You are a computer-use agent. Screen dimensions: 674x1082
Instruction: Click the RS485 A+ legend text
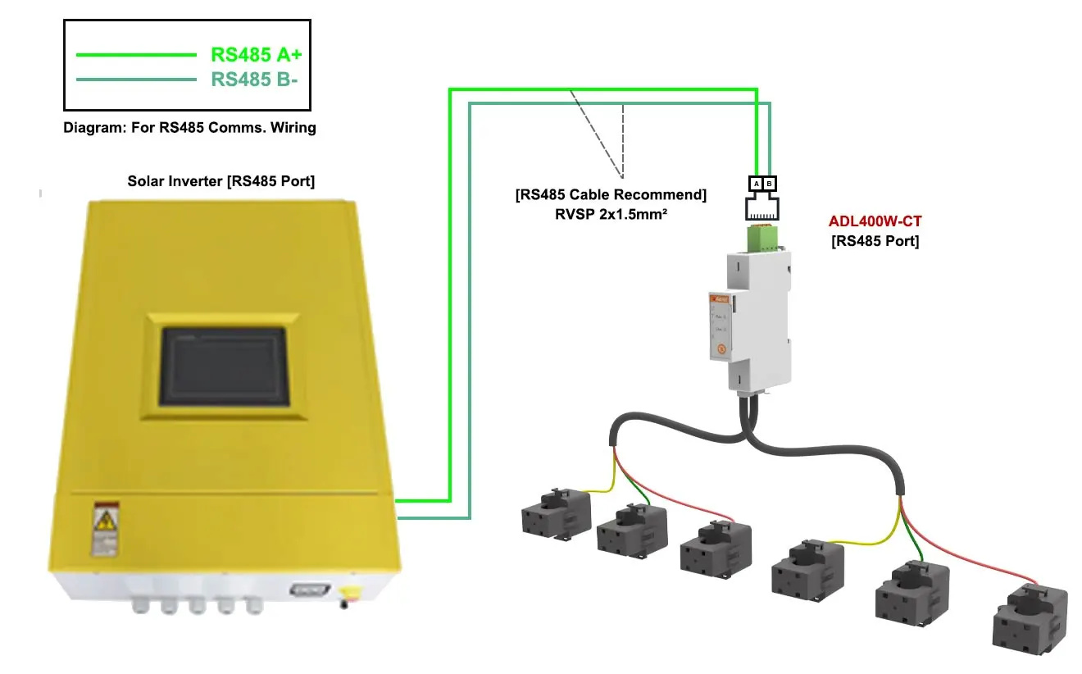click(x=257, y=55)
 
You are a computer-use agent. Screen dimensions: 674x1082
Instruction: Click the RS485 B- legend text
click(x=254, y=80)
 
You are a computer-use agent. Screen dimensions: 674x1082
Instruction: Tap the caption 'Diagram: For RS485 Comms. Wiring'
click(x=189, y=128)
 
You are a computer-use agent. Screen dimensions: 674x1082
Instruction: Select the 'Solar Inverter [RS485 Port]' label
click(x=220, y=181)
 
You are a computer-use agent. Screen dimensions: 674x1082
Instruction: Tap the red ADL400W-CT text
click(x=875, y=222)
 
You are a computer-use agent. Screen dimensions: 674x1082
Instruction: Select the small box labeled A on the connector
click(x=757, y=184)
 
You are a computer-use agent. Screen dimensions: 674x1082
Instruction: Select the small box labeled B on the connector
click(x=769, y=184)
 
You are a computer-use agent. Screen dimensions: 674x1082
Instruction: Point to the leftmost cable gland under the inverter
click(x=141, y=608)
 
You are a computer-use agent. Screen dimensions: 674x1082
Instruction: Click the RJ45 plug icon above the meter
click(x=762, y=206)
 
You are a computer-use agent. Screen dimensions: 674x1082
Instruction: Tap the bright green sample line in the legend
click(x=135, y=55)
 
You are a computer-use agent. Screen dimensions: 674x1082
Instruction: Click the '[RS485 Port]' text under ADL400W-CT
click(x=875, y=241)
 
